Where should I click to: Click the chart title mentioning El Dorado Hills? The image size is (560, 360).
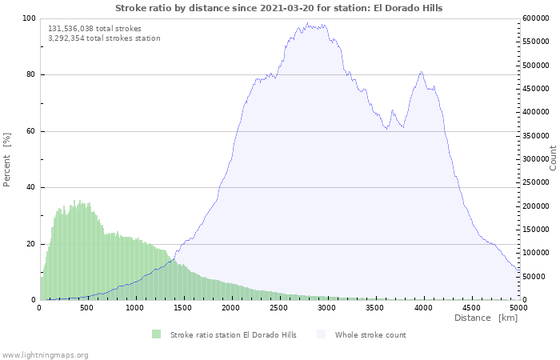click(278, 8)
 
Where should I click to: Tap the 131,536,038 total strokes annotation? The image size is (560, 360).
click(94, 29)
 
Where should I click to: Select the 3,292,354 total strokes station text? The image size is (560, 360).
click(104, 38)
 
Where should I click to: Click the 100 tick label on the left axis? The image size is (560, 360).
click(29, 18)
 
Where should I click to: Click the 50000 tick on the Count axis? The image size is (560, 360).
click(534, 277)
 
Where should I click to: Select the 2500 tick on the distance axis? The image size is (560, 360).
click(278, 307)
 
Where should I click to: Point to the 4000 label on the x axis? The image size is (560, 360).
click(423, 307)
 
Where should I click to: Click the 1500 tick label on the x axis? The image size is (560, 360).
click(182, 307)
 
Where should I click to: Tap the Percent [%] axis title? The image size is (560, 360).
click(6, 160)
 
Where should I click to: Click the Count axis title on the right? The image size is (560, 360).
click(553, 158)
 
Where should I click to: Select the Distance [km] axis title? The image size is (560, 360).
click(486, 318)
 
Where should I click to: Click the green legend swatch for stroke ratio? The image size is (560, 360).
click(157, 334)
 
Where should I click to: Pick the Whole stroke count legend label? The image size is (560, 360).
click(370, 335)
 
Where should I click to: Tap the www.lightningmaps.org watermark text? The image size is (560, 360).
click(45, 355)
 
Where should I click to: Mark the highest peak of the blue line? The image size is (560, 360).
click(307, 23)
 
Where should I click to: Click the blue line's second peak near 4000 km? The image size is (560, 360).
click(422, 72)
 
